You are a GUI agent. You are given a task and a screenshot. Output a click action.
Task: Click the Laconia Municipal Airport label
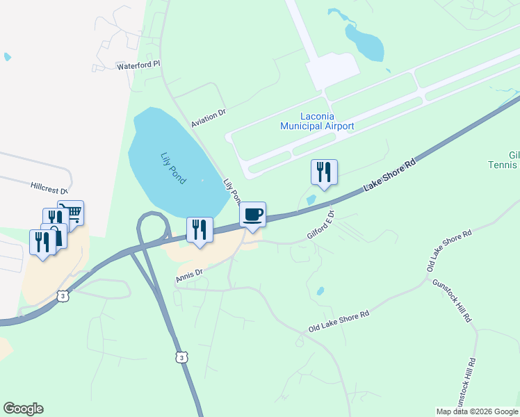click(x=316, y=121)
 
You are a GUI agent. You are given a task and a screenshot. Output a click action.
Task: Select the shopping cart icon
click(x=71, y=212)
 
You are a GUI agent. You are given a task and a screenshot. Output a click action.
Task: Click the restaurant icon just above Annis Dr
click(x=200, y=230)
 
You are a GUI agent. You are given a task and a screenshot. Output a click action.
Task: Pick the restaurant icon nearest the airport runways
click(x=323, y=172)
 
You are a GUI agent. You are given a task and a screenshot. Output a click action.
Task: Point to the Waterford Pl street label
click(x=138, y=65)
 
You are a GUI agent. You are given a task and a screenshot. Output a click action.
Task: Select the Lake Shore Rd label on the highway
click(x=391, y=176)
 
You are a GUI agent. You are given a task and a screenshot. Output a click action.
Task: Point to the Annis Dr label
click(x=189, y=275)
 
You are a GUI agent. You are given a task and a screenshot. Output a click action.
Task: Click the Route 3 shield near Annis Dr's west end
click(x=63, y=295)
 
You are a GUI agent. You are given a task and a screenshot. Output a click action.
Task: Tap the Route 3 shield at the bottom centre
click(x=181, y=357)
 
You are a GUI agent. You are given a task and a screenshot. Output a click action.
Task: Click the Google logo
click(x=23, y=409)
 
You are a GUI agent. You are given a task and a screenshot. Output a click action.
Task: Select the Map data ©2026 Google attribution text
click(x=477, y=411)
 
